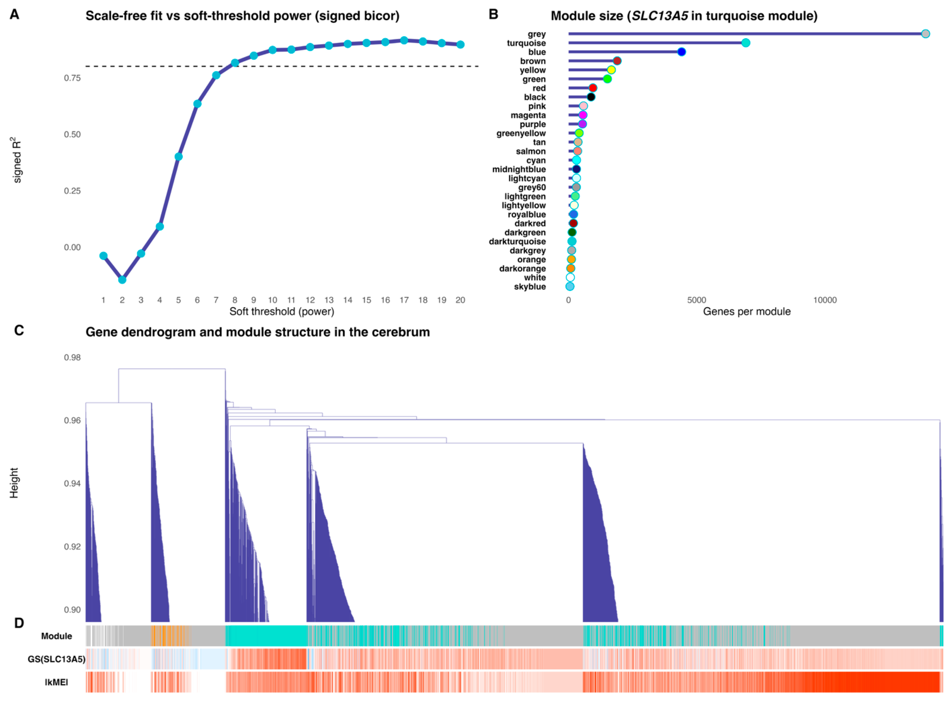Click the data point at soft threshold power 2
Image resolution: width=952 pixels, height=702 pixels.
pyautogui.click(x=122, y=280)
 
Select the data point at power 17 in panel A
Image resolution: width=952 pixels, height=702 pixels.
pyautogui.click(x=404, y=40)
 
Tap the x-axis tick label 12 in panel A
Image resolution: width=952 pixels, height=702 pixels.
pyautogui.click(x=310, y=300)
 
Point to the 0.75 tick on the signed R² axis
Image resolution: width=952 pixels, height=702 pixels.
pyautogui.click(x=72, y=78)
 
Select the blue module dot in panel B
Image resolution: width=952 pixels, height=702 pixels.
pyautogui.click(x=681, y=52)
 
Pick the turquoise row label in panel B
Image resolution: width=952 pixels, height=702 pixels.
pyautogui.click(x=526, y=43)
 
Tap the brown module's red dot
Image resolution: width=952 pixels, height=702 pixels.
pyautogui.click(x=617, y=61)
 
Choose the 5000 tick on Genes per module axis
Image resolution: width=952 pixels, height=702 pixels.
pyautogui.click(x=696, y=300)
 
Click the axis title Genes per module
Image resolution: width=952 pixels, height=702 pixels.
pyautogui.click(x=747, y=312)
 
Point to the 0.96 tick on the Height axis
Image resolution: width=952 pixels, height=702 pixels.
pyautogui.click(x=72, y=420)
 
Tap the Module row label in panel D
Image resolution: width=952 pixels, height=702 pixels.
pyautogui.click(x=56, y=636)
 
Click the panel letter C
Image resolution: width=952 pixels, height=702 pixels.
pyautogui.click(x=19, y=331)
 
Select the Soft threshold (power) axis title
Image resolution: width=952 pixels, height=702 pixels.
pyautogui.click(x=282, y=312)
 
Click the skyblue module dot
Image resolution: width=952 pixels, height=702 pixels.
pyautogui.click(x=570, y=286)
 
